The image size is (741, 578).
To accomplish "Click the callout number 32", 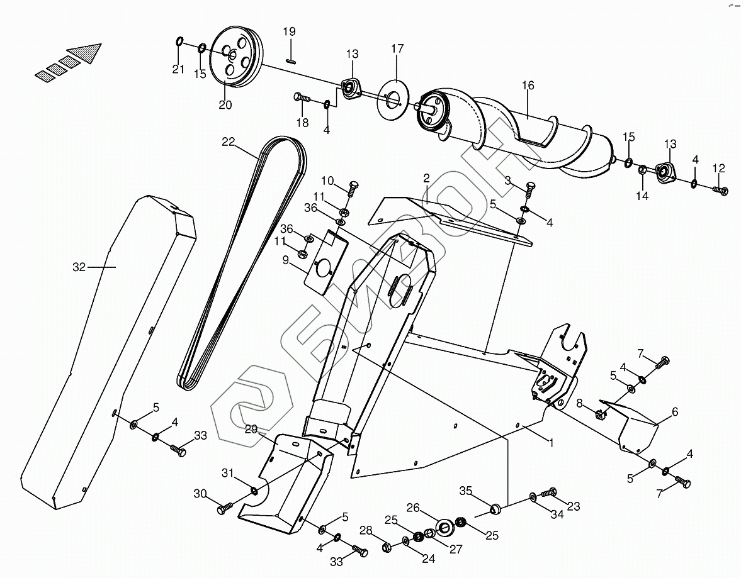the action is [x=78, y=267].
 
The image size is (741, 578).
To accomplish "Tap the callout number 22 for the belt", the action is [x=228, y=142].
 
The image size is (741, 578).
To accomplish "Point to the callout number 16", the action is [x=528, y=86].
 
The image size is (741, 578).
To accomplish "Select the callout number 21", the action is [x=179, y=69].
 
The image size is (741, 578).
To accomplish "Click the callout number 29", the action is [x=251, y=429].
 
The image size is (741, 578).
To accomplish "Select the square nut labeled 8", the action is [x=600, y=414].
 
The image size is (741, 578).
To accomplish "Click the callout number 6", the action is [x=675, y=412].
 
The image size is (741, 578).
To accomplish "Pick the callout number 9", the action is [x=286, y=260].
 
